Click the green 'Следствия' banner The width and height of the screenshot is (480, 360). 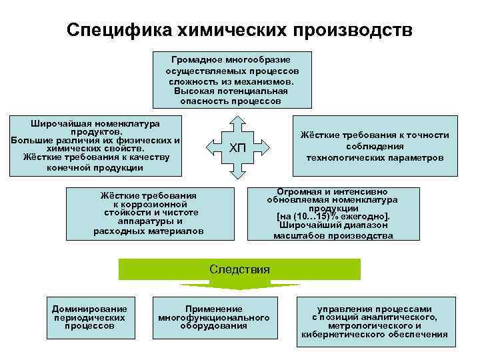tap(239, 269)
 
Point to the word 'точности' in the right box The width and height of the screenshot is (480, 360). tap(424, 135)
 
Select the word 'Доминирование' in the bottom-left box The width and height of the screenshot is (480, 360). tap(89, 309)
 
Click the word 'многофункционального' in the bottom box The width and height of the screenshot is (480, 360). tap(214, 318)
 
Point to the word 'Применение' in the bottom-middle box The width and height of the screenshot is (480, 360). tap(214, 309)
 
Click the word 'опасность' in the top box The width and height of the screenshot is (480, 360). tap(202, 101)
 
